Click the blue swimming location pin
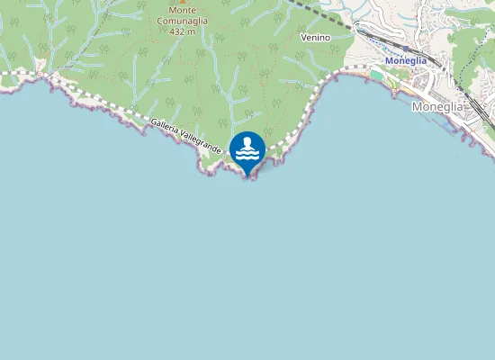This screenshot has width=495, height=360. pyautogui.click(x=247, y=150)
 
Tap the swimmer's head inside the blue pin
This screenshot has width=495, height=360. pyautogui.click(x=247, y=142)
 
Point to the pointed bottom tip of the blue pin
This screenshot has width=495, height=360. pyautogui.click(x=247, y=175)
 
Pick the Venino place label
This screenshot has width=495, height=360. pyautogui.click(x=316, y=37)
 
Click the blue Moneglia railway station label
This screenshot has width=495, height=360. pyautogui.click(x=405, y=60)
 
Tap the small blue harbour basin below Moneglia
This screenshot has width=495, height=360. pyautogui.click(x=447, y=125)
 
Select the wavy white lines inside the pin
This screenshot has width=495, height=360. pyautogui.click(x=247, y=155)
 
